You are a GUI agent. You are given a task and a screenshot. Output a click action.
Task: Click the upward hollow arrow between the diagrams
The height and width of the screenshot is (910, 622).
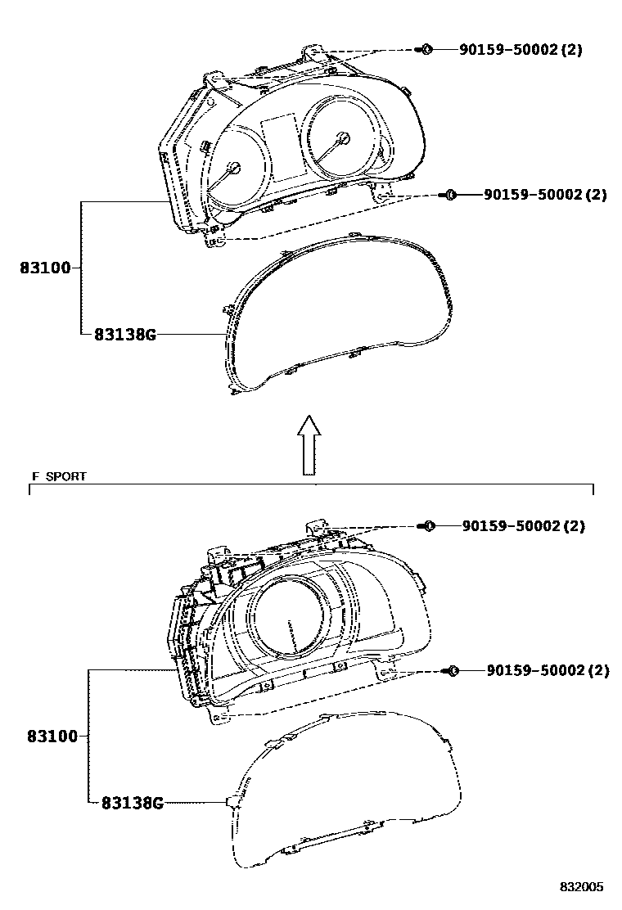309,444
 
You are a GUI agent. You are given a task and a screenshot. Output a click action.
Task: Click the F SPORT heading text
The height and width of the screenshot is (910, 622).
59,476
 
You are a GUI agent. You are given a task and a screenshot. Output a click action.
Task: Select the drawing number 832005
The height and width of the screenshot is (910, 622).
581,887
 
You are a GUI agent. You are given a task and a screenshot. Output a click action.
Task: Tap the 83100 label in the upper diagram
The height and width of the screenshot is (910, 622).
45,268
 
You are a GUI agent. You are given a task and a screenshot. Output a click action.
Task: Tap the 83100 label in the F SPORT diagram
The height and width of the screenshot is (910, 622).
52,737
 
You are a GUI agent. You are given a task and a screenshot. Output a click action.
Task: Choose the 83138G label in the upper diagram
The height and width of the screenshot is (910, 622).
125,334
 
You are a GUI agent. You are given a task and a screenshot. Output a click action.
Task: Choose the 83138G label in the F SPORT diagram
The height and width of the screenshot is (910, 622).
133,803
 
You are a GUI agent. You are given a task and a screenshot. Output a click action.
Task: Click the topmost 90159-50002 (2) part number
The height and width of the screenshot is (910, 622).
521,49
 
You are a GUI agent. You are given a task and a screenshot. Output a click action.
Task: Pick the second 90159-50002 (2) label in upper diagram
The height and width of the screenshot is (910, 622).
545,195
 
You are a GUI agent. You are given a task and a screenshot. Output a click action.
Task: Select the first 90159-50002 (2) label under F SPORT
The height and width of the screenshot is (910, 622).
523,526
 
